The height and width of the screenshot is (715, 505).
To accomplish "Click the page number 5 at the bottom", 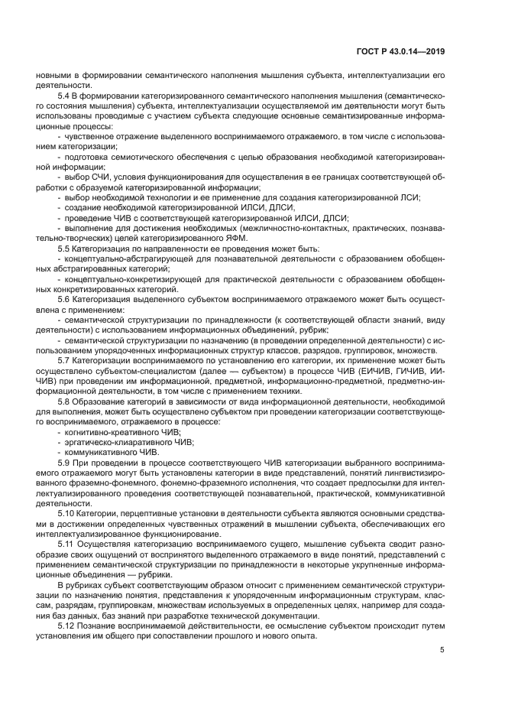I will point(442,650).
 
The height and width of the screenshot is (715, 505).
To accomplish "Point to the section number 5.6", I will point(66,299).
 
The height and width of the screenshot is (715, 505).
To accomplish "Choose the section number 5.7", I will point(66,359).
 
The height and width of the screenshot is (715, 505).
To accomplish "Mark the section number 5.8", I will point(66,400).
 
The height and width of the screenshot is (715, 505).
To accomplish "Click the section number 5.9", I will point(66,461).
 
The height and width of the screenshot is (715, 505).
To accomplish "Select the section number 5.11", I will point(69,542).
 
